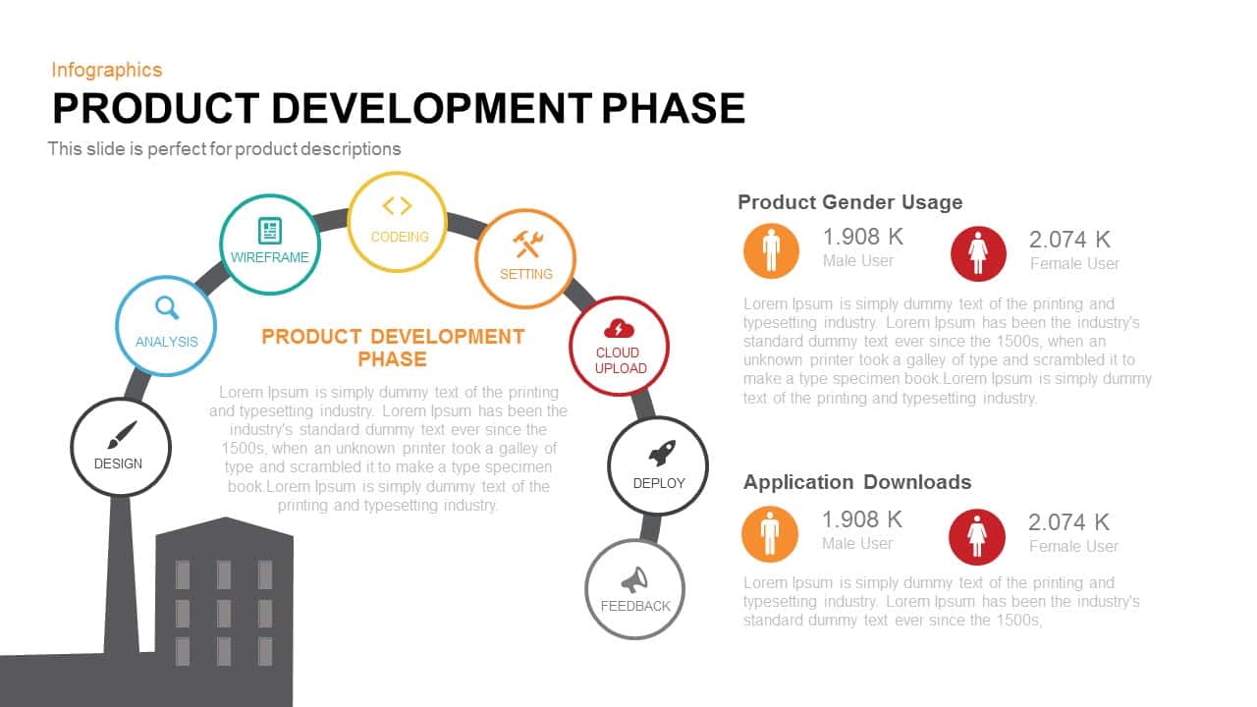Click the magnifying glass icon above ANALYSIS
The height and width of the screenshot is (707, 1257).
point(167,307)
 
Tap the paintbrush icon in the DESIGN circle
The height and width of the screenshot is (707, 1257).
point(122,435)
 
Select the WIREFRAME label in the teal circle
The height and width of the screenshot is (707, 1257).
point(270,257)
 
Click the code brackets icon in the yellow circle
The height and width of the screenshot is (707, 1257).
point(398,206)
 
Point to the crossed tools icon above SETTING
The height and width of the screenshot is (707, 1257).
point(527,245)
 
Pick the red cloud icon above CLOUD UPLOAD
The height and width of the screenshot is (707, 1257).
point(619,329)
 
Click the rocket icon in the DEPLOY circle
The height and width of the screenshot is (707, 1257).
point(662,454)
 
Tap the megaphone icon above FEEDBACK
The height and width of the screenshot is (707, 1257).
point(634,579)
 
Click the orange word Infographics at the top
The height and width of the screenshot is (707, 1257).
point(107,70)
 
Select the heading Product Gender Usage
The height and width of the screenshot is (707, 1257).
point(849,202)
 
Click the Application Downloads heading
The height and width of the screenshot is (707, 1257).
point(857,482)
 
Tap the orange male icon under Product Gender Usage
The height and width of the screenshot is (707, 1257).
point(771,250)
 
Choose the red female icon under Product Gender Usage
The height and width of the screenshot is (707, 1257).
point(978,253)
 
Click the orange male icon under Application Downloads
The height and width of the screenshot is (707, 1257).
point(770,534)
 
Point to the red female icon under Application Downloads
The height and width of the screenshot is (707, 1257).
point(977,537)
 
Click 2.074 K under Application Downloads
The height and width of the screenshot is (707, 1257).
point(1068,522)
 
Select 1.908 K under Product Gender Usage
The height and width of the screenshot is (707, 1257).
point(863,237)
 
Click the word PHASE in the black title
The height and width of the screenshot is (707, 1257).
point(673,108)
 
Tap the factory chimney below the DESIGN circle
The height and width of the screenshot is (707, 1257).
point(121,575)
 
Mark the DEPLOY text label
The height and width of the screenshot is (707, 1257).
point(659,483)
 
